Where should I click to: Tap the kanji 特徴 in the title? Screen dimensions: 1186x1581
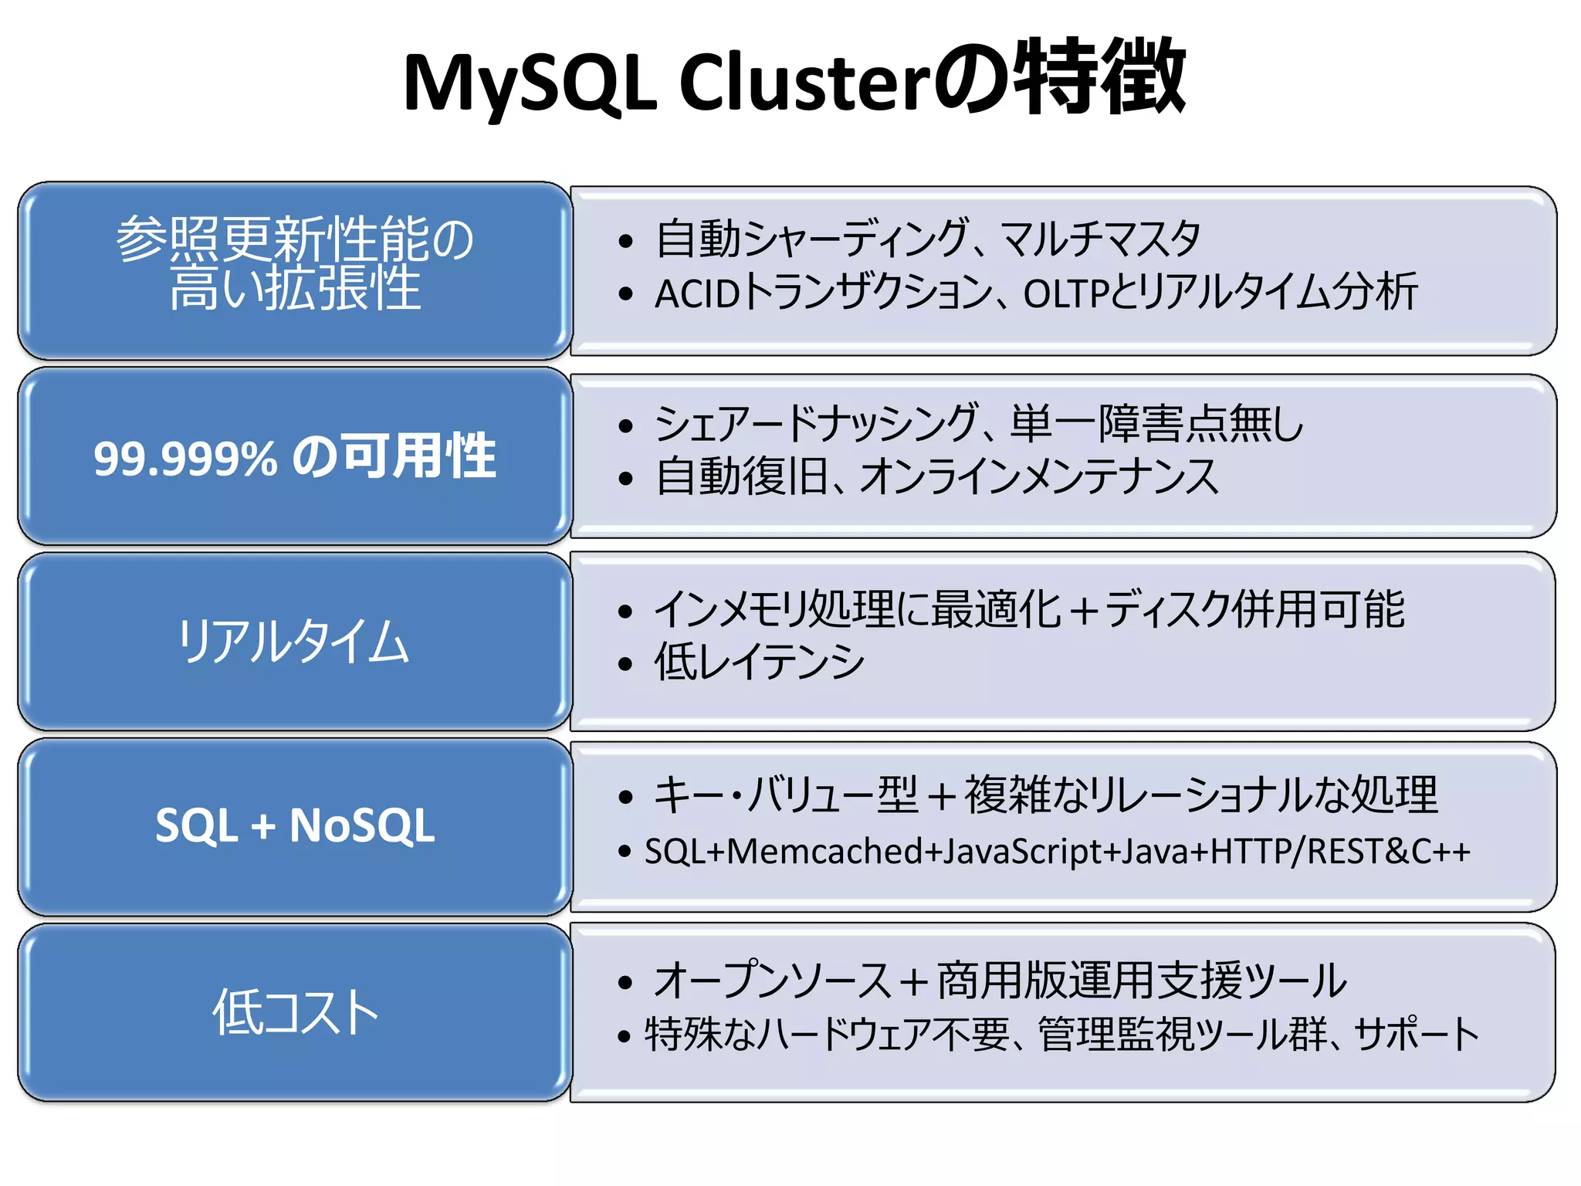(x=1099, y=77)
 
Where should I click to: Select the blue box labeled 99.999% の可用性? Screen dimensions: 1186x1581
(x=294, y=456)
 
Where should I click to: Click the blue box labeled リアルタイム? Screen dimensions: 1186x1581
(x=294, y=642)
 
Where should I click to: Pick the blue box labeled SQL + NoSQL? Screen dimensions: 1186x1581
(x=294, y=825)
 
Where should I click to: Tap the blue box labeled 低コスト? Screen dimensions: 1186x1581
(x=294, y=1012)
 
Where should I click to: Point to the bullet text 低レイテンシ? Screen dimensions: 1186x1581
(x=760, y=662)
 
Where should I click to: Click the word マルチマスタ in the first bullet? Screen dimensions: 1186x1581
(x=1100, y=239)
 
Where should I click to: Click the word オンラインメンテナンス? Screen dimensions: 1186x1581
(x=1039, y=476)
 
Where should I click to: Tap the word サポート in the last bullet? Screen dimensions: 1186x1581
(x=1417, y=1035)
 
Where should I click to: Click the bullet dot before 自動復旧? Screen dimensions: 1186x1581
(x=625, y=479)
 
